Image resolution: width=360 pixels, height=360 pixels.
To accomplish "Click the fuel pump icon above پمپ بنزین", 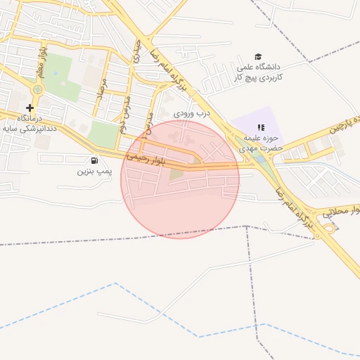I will pos(94,160).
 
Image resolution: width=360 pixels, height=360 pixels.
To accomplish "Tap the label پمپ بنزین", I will pos(94,171).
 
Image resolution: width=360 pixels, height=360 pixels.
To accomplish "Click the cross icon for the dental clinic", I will pos(29,108).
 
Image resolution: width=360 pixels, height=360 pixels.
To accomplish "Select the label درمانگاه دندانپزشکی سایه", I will pos(29,124).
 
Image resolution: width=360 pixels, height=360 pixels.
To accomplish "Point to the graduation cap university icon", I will pos(258,57).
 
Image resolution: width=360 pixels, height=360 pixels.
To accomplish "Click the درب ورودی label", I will pos(192,112).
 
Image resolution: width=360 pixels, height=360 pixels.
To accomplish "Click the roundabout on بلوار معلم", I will pos(37,90).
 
